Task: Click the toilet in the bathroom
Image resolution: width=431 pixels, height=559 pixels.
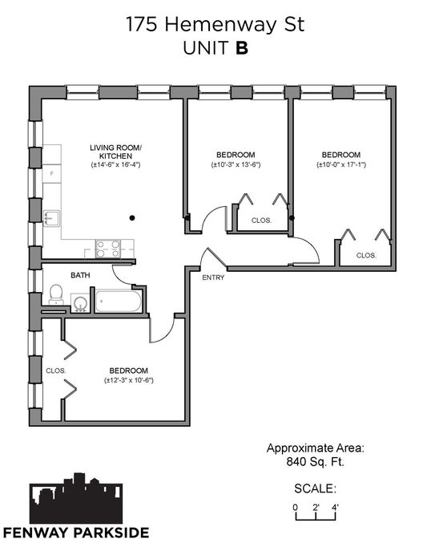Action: pyautogui.click(x=56, y=294)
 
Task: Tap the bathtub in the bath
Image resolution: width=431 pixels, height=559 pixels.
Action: pyautogui.click(x=119, y=302)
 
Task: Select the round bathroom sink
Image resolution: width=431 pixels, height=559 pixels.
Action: pyautogui.click(x=80, y=303)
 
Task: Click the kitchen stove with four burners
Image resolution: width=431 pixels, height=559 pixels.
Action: pyautogui.click(x=108, y=249)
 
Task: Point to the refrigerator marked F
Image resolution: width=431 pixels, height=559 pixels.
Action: pyautogui.click(x=52, y=174)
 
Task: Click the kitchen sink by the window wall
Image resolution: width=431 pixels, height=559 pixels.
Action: pyautogui.click(x=51, y=218)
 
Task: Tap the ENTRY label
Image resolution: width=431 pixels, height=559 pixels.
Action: pyautogui.click(x=213, y=277)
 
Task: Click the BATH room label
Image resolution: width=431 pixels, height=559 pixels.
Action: pyautogui.click(x=80, y=275)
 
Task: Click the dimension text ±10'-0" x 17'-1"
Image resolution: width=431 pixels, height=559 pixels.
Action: pyautogui.click(x=341, y=164)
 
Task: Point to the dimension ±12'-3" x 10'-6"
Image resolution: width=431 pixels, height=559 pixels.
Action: pyautogui.click(x=129, y=380)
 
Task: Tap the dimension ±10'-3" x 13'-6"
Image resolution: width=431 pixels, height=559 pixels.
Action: pyautogui.click(x=236, y=164)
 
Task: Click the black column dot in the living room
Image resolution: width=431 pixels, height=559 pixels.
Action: pyautogui.click(x=132, y=218)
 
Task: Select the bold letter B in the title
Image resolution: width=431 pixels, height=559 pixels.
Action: pyautogui.click(x=242, y=48)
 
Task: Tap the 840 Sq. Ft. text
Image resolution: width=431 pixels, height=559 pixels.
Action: pyautogui.click(x=315, y=462)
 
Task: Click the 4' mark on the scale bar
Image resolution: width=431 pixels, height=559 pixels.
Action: pyautogui.click(x=335, y=507)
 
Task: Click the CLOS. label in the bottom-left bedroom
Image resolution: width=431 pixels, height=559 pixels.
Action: pyautogui.click(x=56, y=371)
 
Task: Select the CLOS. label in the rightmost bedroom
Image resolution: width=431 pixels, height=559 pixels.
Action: pyautogui.click(x=366, y=255)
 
